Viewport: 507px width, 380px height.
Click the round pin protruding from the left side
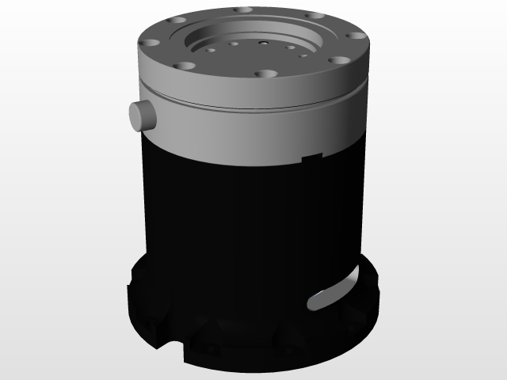point(143,116)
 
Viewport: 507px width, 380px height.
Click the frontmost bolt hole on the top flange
point(267,74)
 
